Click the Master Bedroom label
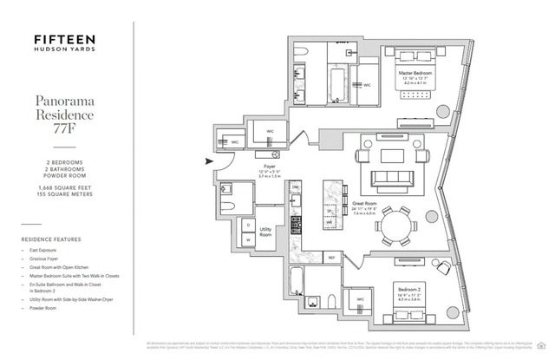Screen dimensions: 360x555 tap(415, 74)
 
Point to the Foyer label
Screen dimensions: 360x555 tap(270, 165)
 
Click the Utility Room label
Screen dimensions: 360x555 tap(266, 232)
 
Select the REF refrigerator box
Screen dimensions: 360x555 tap(330, 258)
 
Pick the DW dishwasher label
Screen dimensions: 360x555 tap(295, 187)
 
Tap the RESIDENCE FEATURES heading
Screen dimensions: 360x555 tap(53, 239)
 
